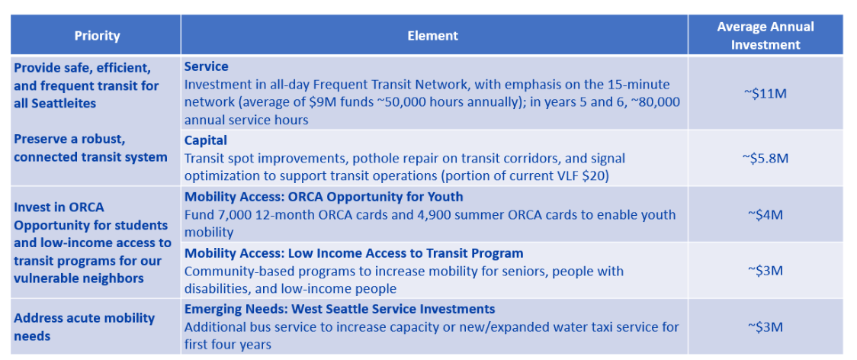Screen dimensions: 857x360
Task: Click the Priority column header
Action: [x=97, y=36]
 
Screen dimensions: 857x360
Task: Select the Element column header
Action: [x=433, y=36]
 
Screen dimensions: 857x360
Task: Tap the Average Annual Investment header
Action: [x=766, y=36]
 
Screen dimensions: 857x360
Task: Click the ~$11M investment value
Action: [x=766, y=94]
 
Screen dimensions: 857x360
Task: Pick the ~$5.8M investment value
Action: [x=766, y=158]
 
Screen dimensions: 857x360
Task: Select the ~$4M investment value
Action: [x=766, y=214]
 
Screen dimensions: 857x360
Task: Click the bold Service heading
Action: [x=206, y=67]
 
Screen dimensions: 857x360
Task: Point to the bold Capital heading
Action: [x=206, y=140]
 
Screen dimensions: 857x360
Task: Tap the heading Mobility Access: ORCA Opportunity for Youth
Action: [x=324, y=197]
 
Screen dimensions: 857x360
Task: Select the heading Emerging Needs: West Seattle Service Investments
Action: [x=339, y=309]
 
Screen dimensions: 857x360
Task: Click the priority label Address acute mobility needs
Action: [x=84, y=326]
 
